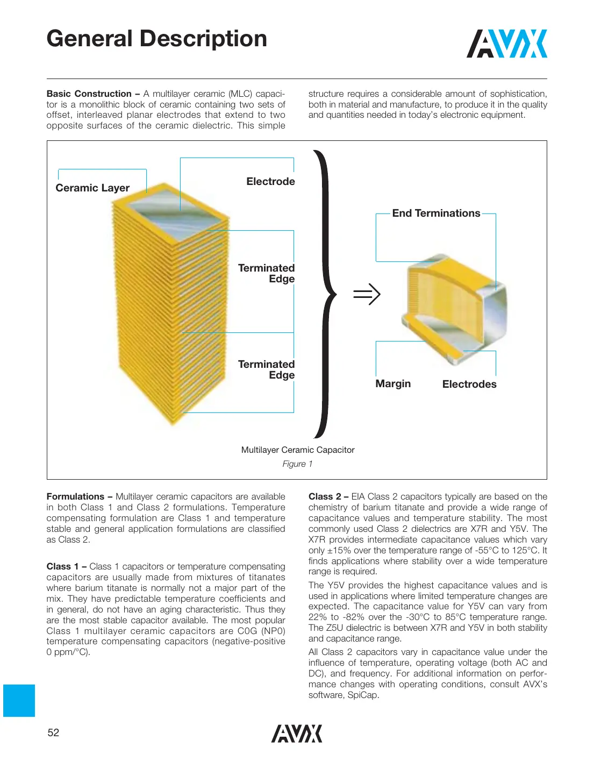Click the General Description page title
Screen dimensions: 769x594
coord(156,39)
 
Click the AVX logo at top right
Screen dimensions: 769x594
coord(506,44)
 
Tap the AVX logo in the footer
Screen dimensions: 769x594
coord(297,734)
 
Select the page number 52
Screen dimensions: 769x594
coord(53,732)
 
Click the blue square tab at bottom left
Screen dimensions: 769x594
coord(19,700)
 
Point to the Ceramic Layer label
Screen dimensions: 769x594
coord(92,188)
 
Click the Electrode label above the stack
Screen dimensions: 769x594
coord(270,182)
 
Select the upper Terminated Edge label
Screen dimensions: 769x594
coord(267,273)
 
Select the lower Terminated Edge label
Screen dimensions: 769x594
coord(267,369)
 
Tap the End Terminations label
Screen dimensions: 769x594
coord(436,213)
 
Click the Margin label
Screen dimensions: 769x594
coord(393,384)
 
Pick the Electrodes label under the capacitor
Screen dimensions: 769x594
coord(469,384)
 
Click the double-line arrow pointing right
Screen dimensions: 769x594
coord(367,294)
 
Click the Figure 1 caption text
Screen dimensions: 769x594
coord(297,464)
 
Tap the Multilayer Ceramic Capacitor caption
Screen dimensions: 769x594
coord(298,450)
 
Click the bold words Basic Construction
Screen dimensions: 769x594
coord(89,94)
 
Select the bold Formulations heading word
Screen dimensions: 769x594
coord(75,497)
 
